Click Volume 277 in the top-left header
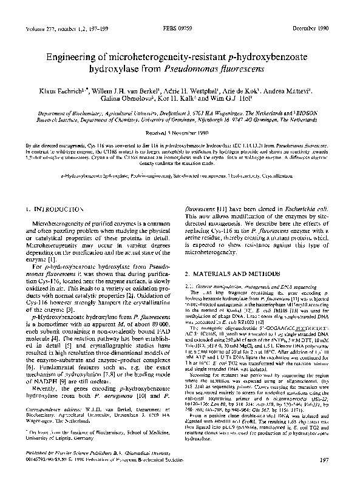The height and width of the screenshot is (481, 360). tap(40, 29)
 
